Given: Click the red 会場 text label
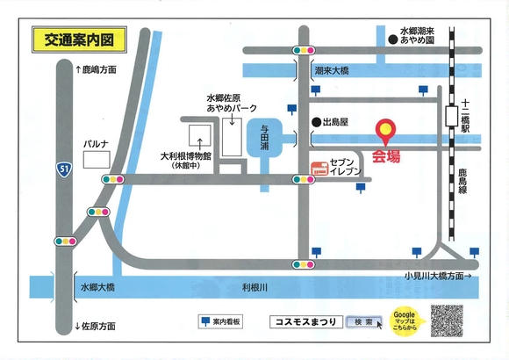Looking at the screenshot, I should click(386, 158).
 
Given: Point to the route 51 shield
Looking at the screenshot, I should click(64, 168).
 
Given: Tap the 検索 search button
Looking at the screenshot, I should click(364, 321).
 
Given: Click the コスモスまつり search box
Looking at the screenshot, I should click(302, 321).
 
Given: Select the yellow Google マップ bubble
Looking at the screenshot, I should click(405, 320).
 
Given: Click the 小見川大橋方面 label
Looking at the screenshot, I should click(435, 276).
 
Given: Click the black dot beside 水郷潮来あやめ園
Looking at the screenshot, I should click(389, 39).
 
